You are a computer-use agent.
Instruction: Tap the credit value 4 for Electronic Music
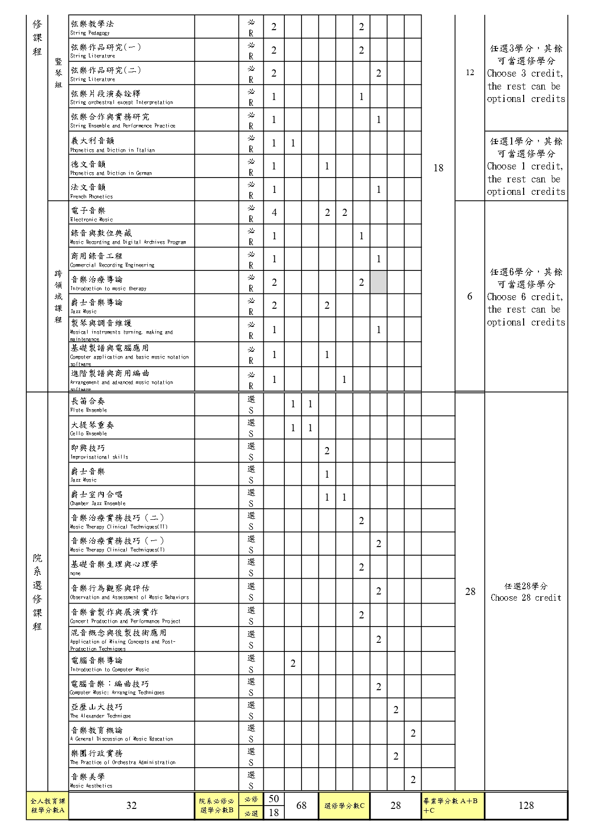pos(274,213)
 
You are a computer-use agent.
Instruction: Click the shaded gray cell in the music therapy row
pos(378,282)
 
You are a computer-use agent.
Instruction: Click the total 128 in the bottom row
pos(526,806)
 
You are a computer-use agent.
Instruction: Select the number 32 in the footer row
pos(131,806)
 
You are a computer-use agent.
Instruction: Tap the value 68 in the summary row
pos(301,806)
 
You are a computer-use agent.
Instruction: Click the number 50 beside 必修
pos(273,798)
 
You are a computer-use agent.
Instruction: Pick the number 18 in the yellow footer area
pos(273,812)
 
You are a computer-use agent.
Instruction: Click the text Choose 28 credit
pos(526,597)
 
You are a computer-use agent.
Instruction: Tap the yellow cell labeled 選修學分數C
pos(344,806)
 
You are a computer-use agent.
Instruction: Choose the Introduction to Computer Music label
pos(109,669)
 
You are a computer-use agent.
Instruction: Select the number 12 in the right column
pos(470,72)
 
